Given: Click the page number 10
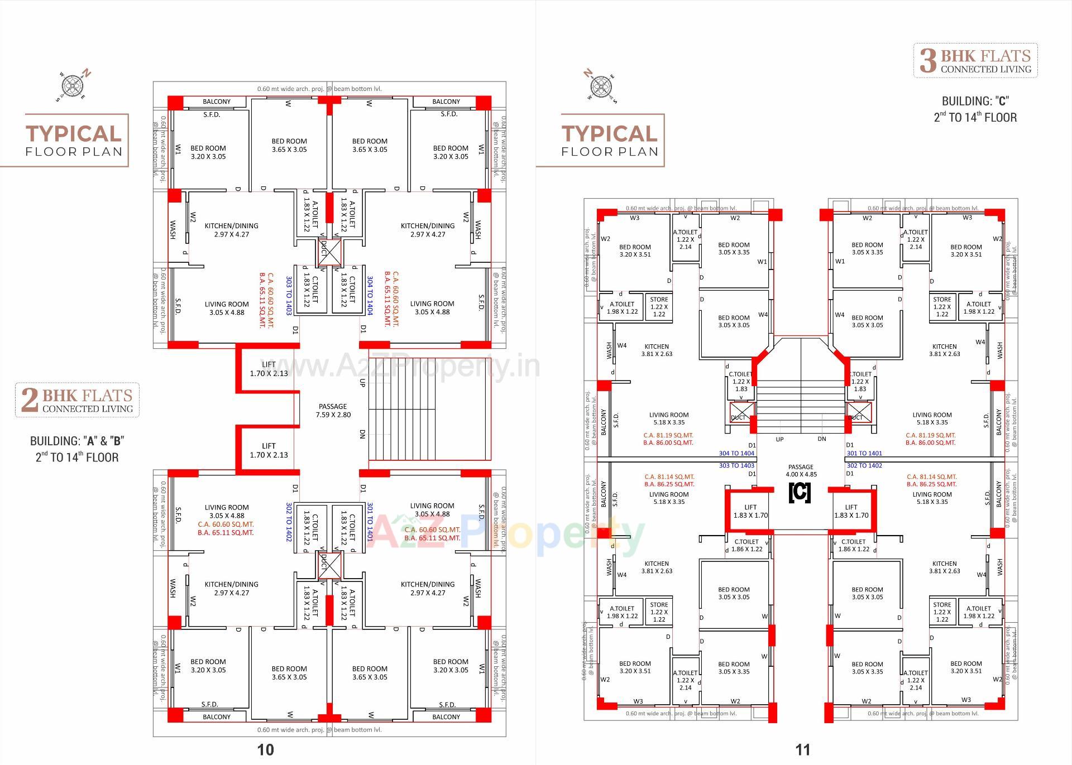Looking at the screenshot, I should click(266, 749).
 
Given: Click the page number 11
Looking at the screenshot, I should click(802, 749).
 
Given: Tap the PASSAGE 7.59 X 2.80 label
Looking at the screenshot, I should click(333, 411).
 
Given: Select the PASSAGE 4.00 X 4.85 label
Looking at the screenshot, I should click(801, 470).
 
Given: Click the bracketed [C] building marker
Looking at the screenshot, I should click(800, 493).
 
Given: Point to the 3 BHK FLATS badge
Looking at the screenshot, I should click(975, 60).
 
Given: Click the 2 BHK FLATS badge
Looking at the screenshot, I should click(77, 400).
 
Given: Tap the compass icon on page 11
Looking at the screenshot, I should click(600, 86).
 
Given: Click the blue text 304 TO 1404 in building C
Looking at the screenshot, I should click(736, 454).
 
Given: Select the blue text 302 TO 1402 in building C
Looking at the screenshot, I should click(864, 465).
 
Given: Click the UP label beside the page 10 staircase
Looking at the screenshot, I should click(362, 383).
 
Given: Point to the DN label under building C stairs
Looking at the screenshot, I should click(822, 439).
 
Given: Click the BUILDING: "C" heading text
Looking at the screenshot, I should click(975, 101).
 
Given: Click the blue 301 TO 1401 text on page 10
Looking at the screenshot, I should click(370, 522).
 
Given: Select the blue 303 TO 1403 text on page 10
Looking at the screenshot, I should click(289, 296).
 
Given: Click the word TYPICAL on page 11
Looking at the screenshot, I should click(610, 134).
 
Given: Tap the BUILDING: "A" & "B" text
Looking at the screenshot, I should click(77, 441).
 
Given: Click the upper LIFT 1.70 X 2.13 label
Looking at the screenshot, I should click(269, 369).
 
